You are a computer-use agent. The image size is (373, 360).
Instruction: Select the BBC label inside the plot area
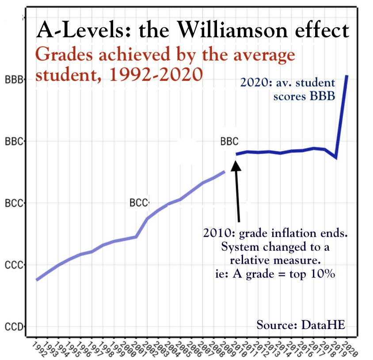click(x=229, y=142)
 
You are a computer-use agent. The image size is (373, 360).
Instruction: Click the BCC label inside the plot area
click(x=138, y=203)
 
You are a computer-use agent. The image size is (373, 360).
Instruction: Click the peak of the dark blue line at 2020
click(x=347, y=76)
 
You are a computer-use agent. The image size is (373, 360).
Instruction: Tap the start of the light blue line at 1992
click(x=37, y=280)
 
